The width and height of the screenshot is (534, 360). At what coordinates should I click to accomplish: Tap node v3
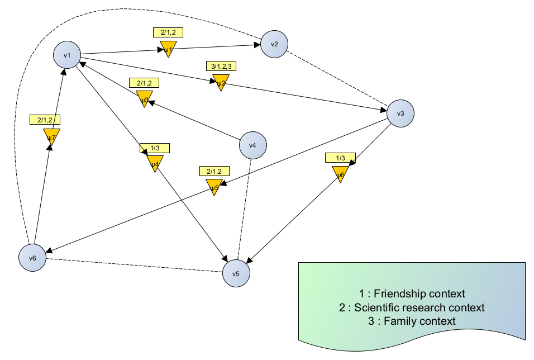pyautogui.click(x=401, y=113)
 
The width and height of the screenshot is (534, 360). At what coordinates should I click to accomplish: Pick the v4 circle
pyautogui.click(x=252, y=145)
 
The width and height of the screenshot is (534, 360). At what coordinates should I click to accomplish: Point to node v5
pyautogui.click(x=236, y=274)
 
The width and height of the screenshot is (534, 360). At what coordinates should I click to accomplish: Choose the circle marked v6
pyautogui.click(x=32, y=258)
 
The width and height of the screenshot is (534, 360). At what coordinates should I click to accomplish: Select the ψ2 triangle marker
pyautogui.click(x=221, y=83)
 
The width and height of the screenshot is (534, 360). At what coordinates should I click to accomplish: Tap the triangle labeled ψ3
pyautogui.click(x=144, y=100)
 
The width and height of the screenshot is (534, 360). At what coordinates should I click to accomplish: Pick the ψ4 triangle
pyautogui.click(x=154, y=164)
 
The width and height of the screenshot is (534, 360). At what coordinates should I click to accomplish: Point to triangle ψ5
pyautogui.click(x=213, y=187)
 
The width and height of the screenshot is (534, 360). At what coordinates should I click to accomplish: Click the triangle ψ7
pyautogui.click(x=51, y=136)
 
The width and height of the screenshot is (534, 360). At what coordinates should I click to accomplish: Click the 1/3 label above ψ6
pyautogui.click(x=340, y=158)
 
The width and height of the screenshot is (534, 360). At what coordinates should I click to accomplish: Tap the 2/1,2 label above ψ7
pyautogui.click(x=45, y=120)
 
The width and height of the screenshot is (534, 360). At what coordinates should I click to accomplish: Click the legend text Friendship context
pyautogui.click(x=412, y=293)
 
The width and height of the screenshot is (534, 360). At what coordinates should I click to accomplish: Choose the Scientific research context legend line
pyautogui.click(x=412, y=307)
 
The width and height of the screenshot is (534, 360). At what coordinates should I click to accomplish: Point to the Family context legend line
pyautogui.click(x=412, y=321)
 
